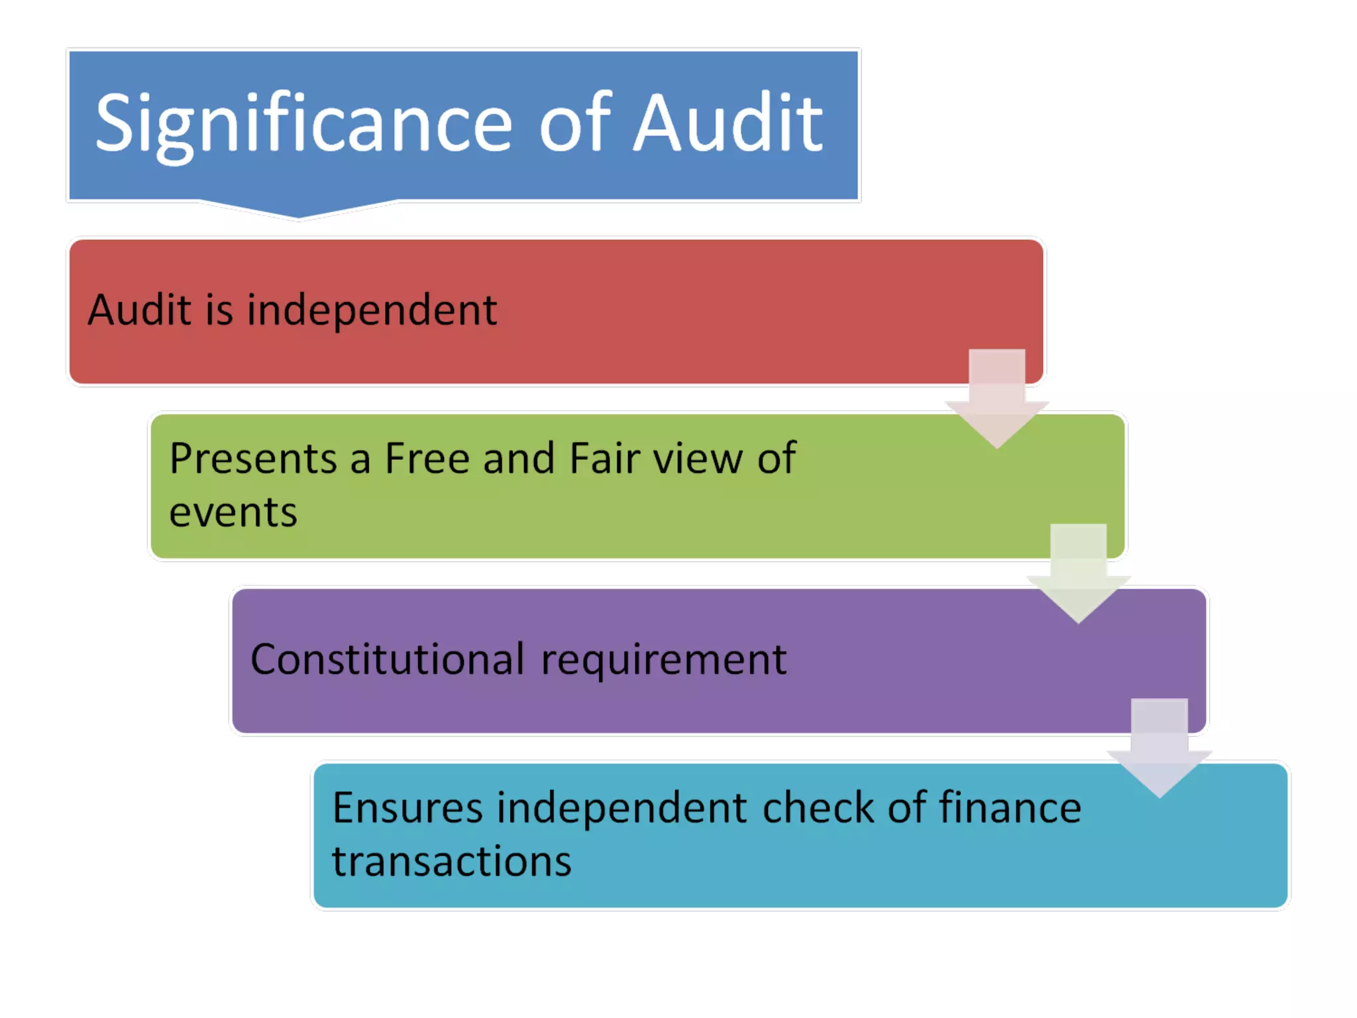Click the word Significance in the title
click(x=303, y=125)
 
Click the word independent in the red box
click(x=372, y=310)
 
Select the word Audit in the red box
click(x=140, y=310)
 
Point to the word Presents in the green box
click(x=253, y=458)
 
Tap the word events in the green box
click(x=233, y=512)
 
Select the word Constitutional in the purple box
click(x=388, y=659)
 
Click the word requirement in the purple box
click(x=663, y=661)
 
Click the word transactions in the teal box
click(x=451, y=862)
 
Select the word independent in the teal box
click(x=622, y=808)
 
